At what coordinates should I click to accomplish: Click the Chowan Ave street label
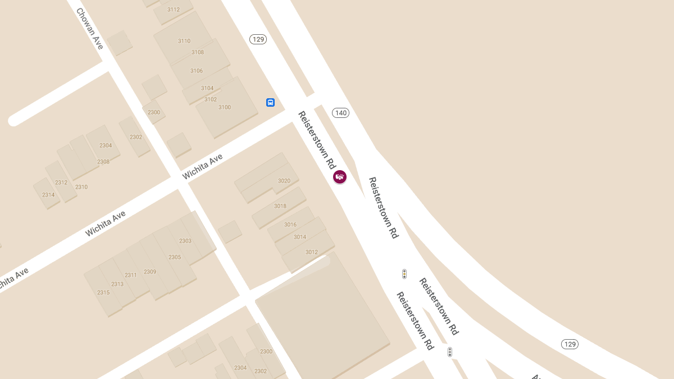[90, 29]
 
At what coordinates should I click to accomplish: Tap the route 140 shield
[340, 113]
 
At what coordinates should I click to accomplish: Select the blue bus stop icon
[270, 102]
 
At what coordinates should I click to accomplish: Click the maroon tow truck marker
[340, 177]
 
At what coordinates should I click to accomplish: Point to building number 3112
[174, 10]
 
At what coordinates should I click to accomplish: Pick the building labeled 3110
[184, 41]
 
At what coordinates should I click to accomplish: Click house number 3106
[196, 71]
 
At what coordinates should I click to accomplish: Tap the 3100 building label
[225, 107]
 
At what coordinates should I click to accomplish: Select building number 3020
[284, 181]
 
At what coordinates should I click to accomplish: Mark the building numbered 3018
[280, 206]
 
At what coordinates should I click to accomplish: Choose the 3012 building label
[312, 252]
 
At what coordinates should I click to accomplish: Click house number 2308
[103, 162]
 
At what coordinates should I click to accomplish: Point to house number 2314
[48, 195]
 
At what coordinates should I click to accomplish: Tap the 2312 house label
[61, 182]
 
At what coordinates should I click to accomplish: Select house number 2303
[185, 241]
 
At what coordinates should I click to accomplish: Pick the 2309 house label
[150, 272]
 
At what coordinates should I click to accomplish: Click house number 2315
[103, 293]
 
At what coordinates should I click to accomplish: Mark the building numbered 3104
[207, 88]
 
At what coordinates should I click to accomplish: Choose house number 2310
[81, 187]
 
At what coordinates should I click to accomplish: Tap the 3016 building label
[290, 225]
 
